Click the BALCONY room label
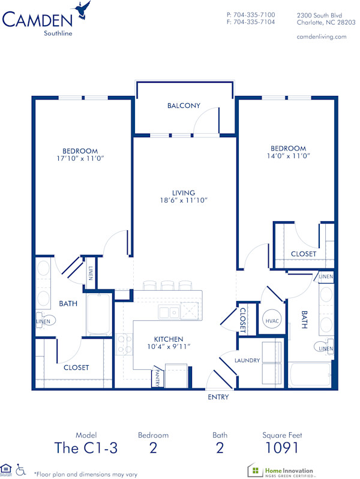tap(184, 106)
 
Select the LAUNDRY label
tap(247, 360)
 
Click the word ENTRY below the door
tap(218, 397)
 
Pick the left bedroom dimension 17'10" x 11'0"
tap(80, 158)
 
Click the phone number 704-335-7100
tap(254, 14)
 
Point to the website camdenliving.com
tap(322, 37)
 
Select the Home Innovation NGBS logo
tap(281, 469)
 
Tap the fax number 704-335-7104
tap(254, 22)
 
